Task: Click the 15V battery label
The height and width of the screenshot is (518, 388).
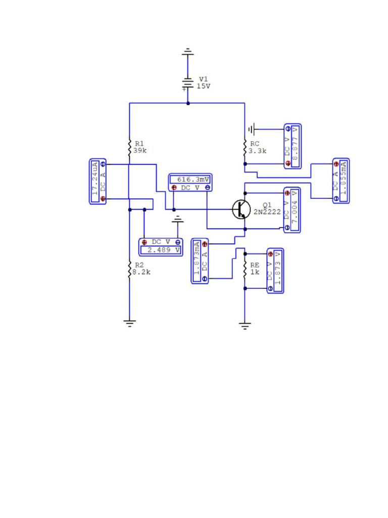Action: click(204, 86)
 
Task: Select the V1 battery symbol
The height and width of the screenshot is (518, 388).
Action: click(187, 83)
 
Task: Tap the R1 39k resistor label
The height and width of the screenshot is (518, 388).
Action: click(139, 147)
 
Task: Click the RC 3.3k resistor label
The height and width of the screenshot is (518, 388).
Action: click(258, 147)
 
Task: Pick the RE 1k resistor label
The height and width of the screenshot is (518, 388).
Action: click(255, 268)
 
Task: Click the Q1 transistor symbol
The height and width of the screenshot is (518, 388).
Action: click(241, 209)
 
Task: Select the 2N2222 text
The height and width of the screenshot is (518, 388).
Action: click(267, 212)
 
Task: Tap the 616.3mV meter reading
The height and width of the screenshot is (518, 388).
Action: click(190, 180)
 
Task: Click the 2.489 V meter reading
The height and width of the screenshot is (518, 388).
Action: click(160, 250)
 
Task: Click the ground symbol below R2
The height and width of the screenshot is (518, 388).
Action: click(130, 323)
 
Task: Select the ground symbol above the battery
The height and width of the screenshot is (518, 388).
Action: click(187, 51)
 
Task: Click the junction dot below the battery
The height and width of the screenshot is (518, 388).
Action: click(188, 103)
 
